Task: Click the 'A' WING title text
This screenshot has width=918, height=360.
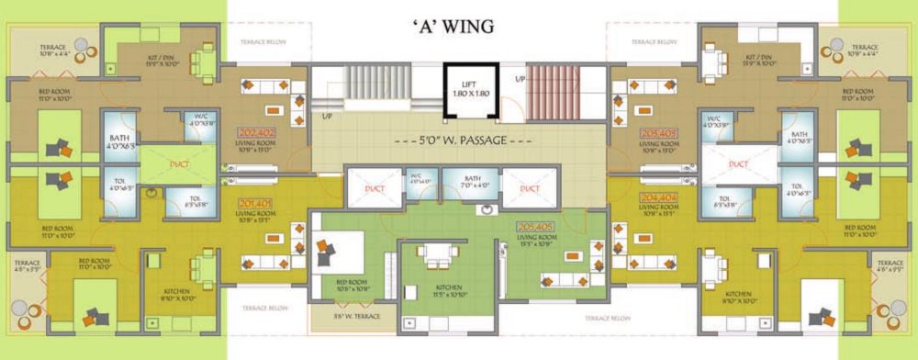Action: [455, 27]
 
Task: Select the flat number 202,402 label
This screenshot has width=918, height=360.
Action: [255, 133]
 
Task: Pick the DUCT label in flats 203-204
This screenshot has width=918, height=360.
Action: [739, 165]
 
